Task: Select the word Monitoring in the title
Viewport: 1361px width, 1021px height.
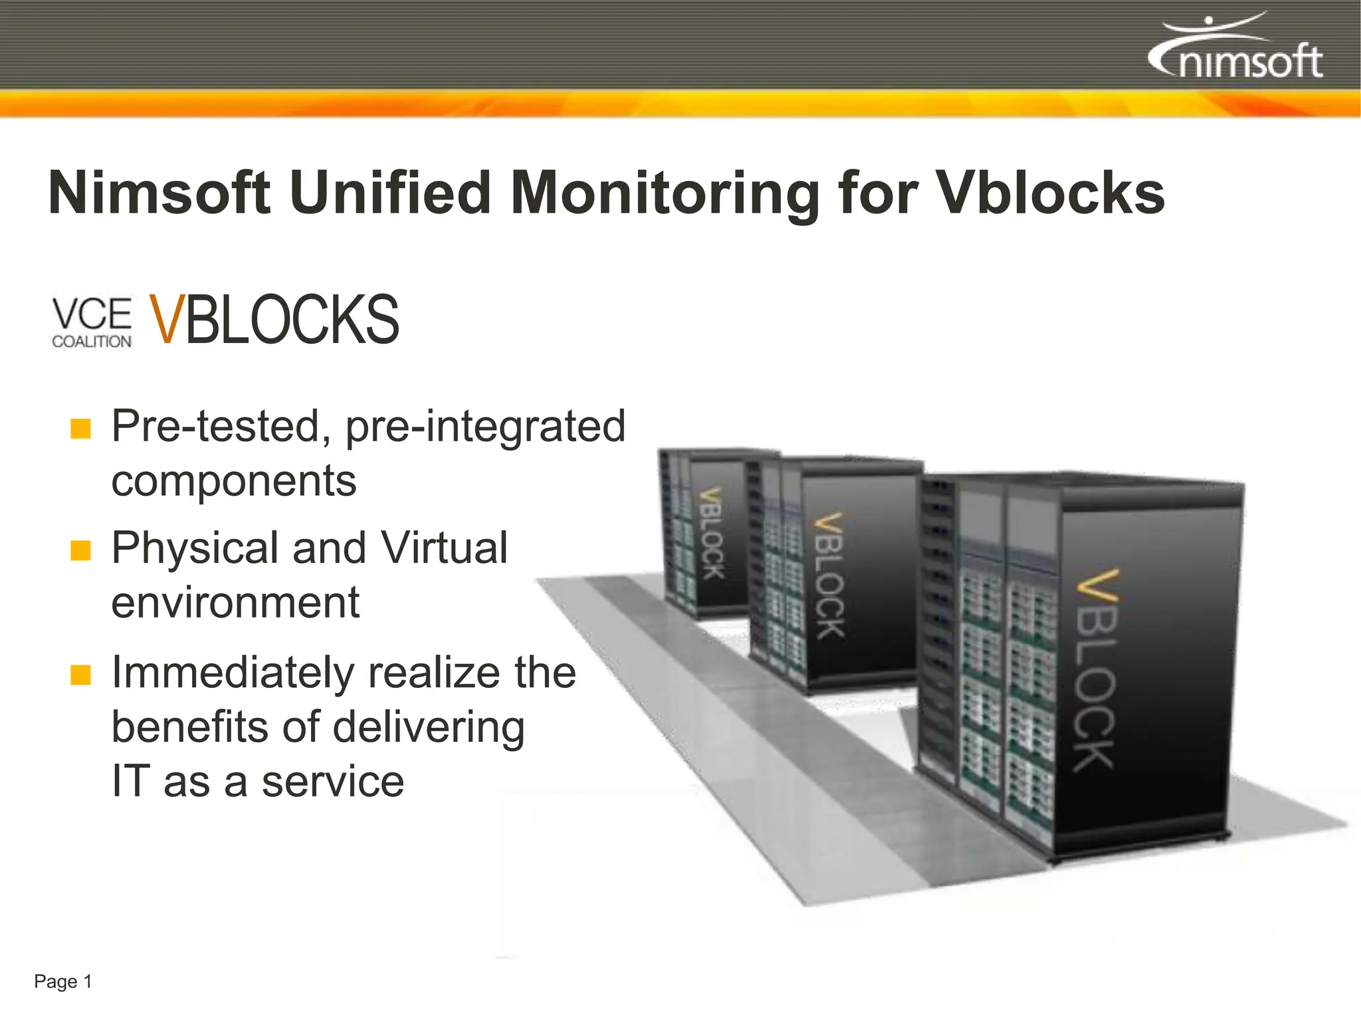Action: click(x=665, y=194)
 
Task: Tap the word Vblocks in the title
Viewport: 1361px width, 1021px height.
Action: click(x=1050, y=193)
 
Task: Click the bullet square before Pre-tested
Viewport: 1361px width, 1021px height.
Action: click(x=80, y=429)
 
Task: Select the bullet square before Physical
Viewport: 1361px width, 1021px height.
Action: click(x=80, y=550)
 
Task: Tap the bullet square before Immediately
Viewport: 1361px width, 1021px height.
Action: click(x=80, y=675)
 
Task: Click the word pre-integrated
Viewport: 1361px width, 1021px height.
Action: click(x=485, y=427)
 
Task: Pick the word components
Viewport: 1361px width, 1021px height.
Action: click(x=234, y=481)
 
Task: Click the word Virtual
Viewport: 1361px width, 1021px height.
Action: click(x=444, y=548)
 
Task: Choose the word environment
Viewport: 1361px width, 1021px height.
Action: click(x=235, y=602)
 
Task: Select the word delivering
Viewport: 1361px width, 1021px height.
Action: click(x=429, y=728)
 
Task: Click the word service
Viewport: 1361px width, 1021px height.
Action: click(x=332, y=782)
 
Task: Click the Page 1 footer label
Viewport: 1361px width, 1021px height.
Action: click(x=63, y=982)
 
